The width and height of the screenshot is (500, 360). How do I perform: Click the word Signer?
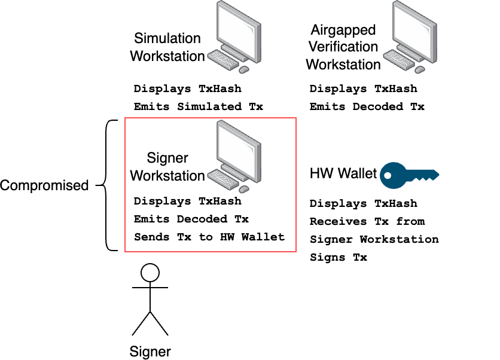tap(167, 158)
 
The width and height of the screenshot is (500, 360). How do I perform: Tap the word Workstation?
tap(167, 176)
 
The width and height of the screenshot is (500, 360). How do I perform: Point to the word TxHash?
tap(219, 202)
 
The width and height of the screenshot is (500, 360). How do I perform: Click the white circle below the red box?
tap(150, 273)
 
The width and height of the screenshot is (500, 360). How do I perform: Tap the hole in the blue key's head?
tap(388, 176)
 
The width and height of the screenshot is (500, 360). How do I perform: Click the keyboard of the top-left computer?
tap(223, 59)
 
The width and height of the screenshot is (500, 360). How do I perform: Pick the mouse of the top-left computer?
tap(244, 70)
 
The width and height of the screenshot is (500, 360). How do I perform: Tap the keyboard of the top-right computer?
tap(399, 59)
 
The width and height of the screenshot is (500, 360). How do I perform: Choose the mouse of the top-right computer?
tap(420, 70)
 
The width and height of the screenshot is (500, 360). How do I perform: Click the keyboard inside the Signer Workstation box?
tap(223, 178)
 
